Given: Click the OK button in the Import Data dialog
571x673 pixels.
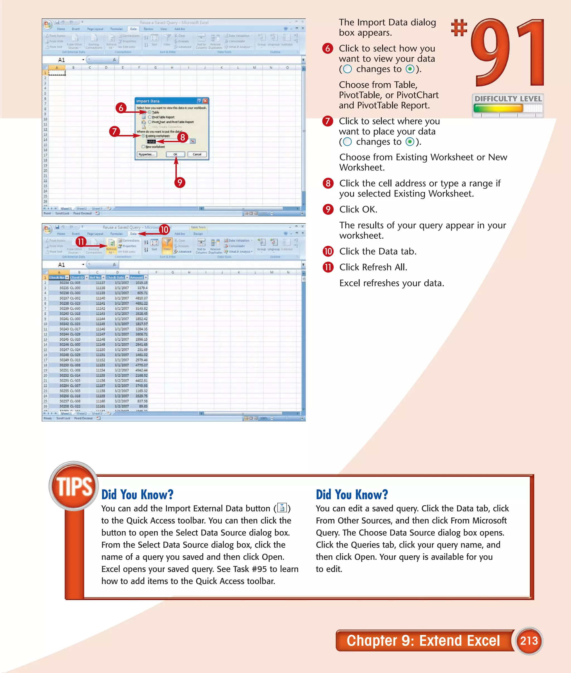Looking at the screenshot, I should click(175, 154).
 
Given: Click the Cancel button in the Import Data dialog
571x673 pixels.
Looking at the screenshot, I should click(197, 154).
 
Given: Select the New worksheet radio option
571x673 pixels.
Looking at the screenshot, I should click(143, 147).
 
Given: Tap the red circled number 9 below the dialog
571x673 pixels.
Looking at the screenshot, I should click(180, 182).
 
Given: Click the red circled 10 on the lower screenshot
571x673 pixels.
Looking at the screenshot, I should click(164, 229).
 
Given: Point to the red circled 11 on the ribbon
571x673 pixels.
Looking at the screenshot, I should click(81, 241).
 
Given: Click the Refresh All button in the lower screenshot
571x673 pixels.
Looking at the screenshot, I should click(111, 247).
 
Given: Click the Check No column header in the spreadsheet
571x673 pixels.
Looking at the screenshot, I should click(57, 277).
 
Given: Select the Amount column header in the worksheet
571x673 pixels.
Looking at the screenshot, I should click(137, 277).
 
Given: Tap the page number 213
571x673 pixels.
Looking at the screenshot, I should click(529, 640).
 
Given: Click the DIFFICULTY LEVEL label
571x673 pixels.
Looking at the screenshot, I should click(508, 99).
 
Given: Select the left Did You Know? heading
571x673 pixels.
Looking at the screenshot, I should click(137, 495).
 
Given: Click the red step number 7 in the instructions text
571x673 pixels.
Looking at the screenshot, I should click(328, 121).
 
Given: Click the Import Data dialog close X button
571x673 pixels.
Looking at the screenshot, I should click(205, 101).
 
